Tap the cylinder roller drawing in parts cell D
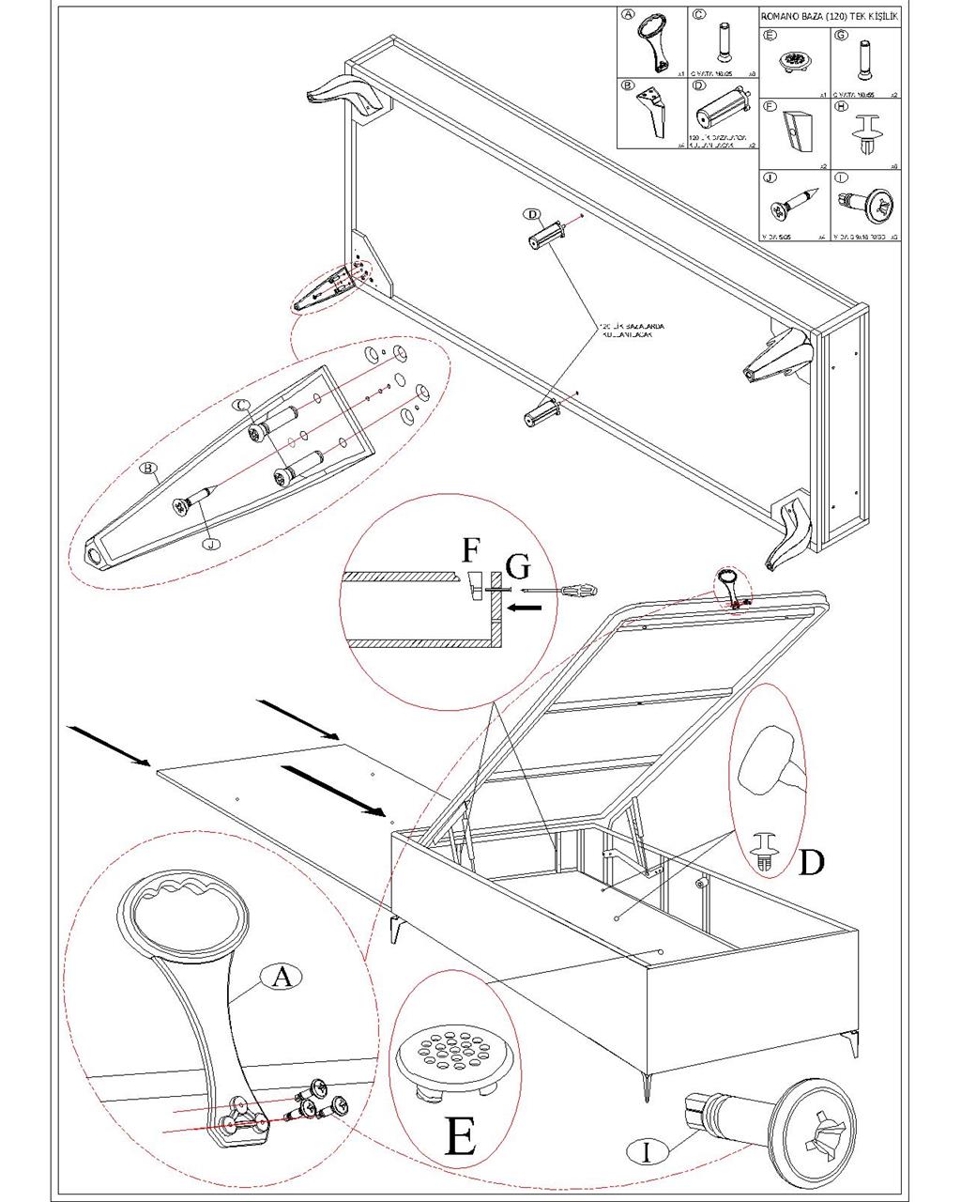[x=722, y=113]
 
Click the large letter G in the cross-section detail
[x=517, y=566]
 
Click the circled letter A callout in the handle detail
[x=281, y=977]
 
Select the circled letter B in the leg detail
[x=147, y=468]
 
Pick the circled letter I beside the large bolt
[x=647, y=1151]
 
